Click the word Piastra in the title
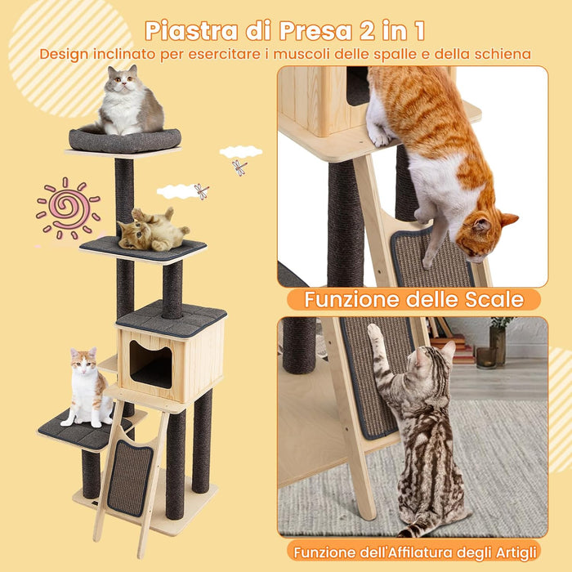click(x=193, y=30)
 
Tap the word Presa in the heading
click(x=314, y=30)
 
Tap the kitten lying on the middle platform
click(x=154, y=230)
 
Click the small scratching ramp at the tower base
click(x=129, y=476)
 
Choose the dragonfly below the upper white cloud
click(x=239, y=167)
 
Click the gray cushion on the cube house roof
click(x=171, y=316)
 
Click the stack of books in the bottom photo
click(x=461, y=347)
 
